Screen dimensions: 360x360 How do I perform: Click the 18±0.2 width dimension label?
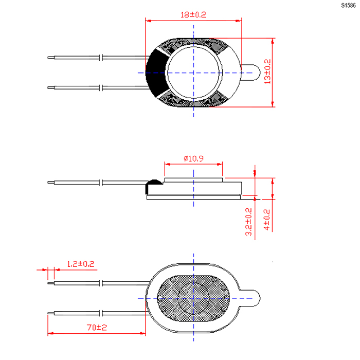tap(193, 15)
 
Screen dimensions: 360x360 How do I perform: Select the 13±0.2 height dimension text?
tap(268, 71)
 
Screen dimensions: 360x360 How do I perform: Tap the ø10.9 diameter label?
tap(193, 158)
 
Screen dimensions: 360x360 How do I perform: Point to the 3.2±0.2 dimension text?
tap(248, 222)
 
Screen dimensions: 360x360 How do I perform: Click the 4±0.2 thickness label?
tap(267, 220)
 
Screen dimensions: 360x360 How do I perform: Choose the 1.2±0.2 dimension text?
tap(81, 264)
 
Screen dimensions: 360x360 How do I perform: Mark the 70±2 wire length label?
tap(97, 327)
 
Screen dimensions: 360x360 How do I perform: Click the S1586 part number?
tap(348, 6)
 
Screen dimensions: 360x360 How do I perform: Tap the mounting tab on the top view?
tap(251, 73)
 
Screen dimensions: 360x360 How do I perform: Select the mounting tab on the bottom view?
tap(251, 298)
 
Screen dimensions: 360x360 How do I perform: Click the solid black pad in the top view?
tap(157, 73)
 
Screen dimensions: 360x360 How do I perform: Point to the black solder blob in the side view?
tap(153, 186)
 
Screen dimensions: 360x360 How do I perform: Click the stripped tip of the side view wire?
tap(51, 183)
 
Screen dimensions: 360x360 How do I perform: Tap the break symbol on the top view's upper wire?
tap(101, 58)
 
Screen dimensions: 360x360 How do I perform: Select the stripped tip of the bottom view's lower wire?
tap(51, 313)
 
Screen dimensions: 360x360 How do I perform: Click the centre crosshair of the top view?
tap(193, 73)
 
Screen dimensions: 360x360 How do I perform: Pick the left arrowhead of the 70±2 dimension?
tap(50, 333)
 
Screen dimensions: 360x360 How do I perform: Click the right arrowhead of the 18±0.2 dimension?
tap(239, 21)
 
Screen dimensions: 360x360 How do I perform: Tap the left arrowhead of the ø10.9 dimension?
tap(168, 164)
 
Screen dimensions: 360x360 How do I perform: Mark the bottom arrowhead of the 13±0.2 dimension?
tap(273, 104)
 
